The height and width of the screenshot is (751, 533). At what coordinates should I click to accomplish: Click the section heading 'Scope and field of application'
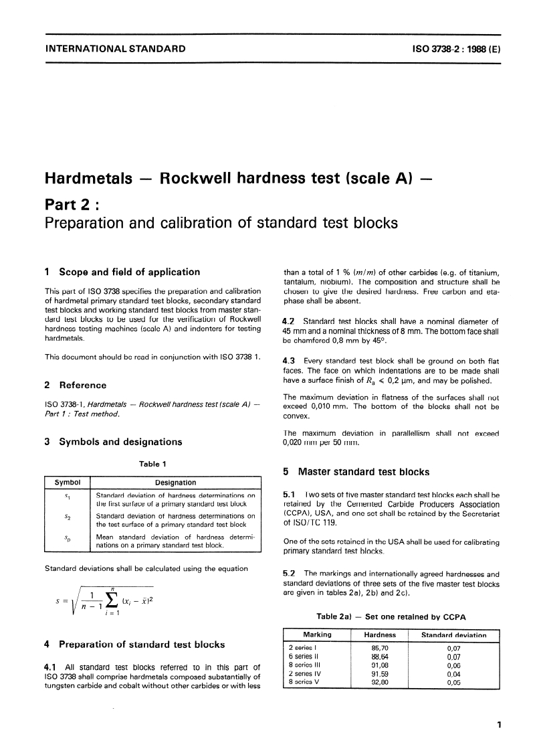point(129,272)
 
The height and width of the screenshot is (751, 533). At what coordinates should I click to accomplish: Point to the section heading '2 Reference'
point(75,385)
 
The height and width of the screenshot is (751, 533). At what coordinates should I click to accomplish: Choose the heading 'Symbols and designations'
point(120,442)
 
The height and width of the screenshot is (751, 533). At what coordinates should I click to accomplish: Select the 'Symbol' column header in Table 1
point(67,482)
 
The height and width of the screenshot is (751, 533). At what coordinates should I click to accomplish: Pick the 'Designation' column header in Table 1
point(175,482)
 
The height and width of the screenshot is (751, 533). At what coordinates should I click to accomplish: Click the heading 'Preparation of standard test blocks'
point(142,645)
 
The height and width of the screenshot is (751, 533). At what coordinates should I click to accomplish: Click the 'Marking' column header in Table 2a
point(317,635)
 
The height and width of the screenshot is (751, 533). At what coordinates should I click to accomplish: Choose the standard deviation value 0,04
point(453,673)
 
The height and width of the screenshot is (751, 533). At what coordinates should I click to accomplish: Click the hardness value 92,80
point(380,682)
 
